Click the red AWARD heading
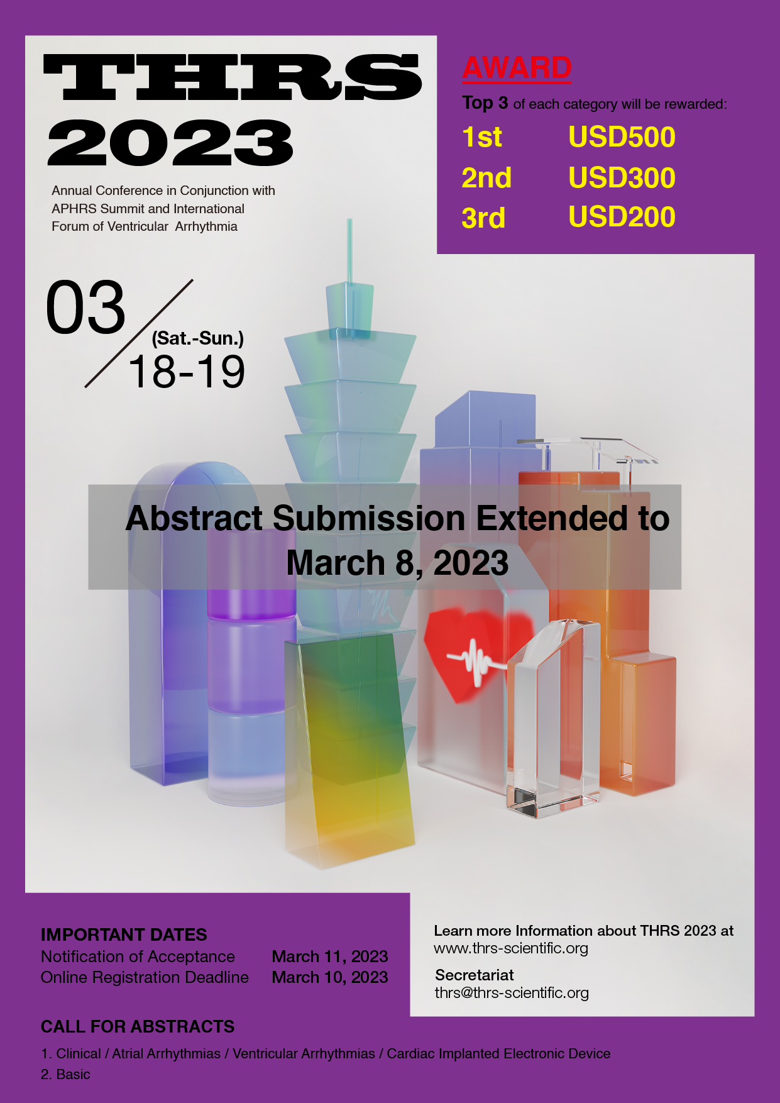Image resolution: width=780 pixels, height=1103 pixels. tap(517, 68)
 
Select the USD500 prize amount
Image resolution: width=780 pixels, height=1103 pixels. tap(622, 137)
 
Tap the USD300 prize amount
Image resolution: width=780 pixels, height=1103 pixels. tap(622, 178)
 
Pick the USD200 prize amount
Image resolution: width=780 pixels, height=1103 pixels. tap(622, 217)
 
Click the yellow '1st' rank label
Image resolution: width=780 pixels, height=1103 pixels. tap(482, 137)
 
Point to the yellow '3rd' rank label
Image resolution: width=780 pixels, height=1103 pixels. tap(483, 218)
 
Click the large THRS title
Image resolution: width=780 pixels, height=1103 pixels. tap(233, 77)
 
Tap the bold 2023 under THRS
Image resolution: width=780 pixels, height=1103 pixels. tap(170, 143)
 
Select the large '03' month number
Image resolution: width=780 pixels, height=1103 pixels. tap(86, 308)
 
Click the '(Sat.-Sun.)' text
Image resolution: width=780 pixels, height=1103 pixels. tap(198, 338)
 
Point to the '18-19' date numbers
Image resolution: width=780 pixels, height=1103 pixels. tap(187, 372)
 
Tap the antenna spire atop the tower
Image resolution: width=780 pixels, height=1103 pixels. tap(349, 252)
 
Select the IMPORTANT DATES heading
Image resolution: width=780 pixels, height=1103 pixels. tap(124, 934)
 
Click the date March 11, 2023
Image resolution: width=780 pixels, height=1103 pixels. tap(330, 956)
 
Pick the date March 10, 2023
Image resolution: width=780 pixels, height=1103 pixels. tap(330, 977)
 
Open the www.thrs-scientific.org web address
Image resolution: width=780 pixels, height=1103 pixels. tap(511, 948)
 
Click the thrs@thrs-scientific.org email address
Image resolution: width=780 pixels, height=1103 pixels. tap(512, 993)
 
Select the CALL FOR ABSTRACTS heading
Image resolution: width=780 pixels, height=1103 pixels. tap(138, 1027)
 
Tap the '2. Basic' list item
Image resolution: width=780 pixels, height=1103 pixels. tap(65, 1074)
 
